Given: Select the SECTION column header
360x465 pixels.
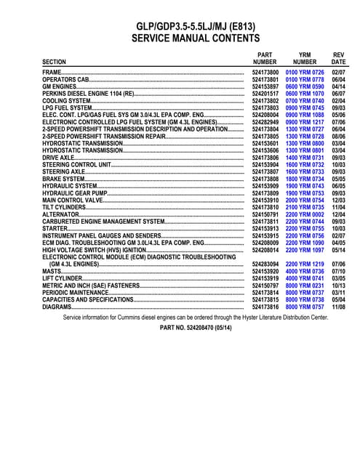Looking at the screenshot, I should pos(55,62).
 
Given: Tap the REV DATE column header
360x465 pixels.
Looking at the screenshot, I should pos(338,58).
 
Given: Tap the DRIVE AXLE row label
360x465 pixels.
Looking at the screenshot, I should pos(58,157).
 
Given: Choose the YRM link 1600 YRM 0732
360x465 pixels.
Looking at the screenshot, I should pos(305,164).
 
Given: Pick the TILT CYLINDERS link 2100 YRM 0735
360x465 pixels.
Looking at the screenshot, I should pos(305,206).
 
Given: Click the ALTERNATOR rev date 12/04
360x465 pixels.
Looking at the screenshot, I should pos(338,214).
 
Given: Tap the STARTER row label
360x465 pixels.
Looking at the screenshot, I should pos(55,228).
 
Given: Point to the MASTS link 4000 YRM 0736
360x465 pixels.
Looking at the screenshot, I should pos(305,270).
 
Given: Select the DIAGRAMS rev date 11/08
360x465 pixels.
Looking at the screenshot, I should pos(338,306).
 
